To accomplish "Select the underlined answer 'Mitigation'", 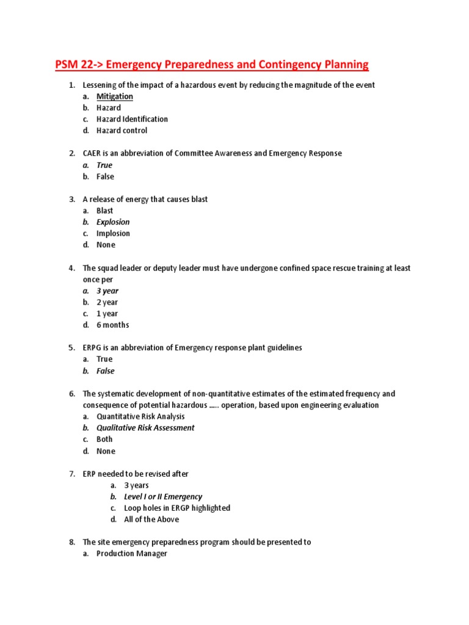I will pos(114,96).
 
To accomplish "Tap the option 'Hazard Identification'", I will pos(132,119).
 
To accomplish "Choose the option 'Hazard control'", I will pos(122,131).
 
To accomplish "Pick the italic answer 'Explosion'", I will pos(113,222).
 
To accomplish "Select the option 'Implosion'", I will pos(113,234).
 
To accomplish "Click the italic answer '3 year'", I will pos(107,291).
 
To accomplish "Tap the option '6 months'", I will pos(112,325).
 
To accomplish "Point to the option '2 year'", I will pos(107,302).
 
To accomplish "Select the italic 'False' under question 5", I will pos(105,371).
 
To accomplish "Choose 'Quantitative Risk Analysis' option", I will pos(140,417).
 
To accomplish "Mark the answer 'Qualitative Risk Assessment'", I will pos(145,428).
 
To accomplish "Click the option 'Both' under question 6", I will pos(104,439).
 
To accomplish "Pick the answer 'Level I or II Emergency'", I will pos(163,497).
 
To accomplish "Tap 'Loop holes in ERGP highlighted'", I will pos(177,508).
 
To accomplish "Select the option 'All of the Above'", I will pos(151,519).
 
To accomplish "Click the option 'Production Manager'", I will pos(131,554).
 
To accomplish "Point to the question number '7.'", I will pos(71,474).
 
